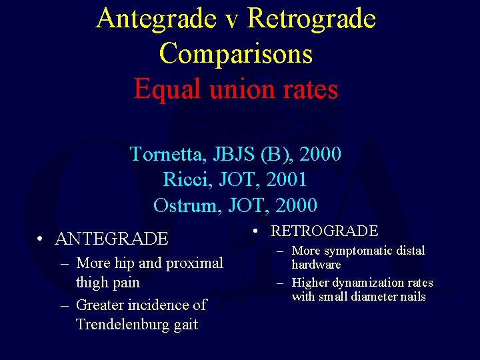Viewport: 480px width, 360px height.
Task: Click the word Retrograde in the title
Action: [311, 19]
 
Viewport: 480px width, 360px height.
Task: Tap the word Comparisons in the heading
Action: [236, 54]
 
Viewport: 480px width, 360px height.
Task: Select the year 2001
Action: [285, 180]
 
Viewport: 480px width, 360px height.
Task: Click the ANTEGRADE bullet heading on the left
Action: [112, 239]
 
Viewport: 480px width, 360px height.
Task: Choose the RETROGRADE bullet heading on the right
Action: [325, 231]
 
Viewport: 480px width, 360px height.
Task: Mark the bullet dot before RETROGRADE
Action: [257, 232]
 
